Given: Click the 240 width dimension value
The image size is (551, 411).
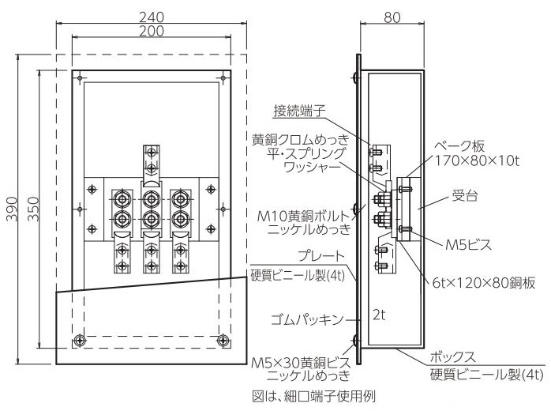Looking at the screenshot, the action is point(152,17).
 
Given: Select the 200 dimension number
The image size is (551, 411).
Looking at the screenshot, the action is point(152,32).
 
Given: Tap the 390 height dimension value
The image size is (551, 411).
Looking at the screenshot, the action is point(13,209).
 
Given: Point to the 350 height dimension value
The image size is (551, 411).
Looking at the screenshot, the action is point(33,209).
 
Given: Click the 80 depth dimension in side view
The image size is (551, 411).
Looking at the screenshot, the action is point(392,17).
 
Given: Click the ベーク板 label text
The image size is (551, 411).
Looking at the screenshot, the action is point(459,146).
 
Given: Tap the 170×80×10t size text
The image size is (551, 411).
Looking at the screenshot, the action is point(478,160).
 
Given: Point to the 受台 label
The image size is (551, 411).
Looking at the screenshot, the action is point(464,195).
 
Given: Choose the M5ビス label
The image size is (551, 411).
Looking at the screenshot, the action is point(468,245).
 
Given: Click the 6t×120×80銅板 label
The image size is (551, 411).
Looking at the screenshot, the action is point(484,283).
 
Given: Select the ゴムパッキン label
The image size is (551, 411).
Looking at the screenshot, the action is point(307,320).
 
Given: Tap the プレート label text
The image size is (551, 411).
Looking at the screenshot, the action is point(320,256).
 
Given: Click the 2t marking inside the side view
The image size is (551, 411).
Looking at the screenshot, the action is point(379,315).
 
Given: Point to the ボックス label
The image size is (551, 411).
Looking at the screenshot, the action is point(452,357).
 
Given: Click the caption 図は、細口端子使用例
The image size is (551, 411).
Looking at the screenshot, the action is point(314,396).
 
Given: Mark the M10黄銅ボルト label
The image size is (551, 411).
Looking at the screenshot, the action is point(304,216).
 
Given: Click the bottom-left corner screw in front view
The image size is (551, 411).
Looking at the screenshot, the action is point(80,341).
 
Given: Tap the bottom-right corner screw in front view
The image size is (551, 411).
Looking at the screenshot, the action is point(223,341).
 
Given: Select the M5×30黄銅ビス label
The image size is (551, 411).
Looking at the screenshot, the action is point(301,362).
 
